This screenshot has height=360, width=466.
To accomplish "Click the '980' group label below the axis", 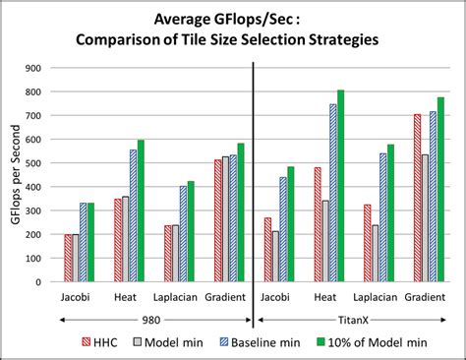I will coord(153,319).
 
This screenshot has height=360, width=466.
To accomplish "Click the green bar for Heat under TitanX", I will coord(340,186).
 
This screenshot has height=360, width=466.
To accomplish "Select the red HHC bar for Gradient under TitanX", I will coord(417,198).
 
